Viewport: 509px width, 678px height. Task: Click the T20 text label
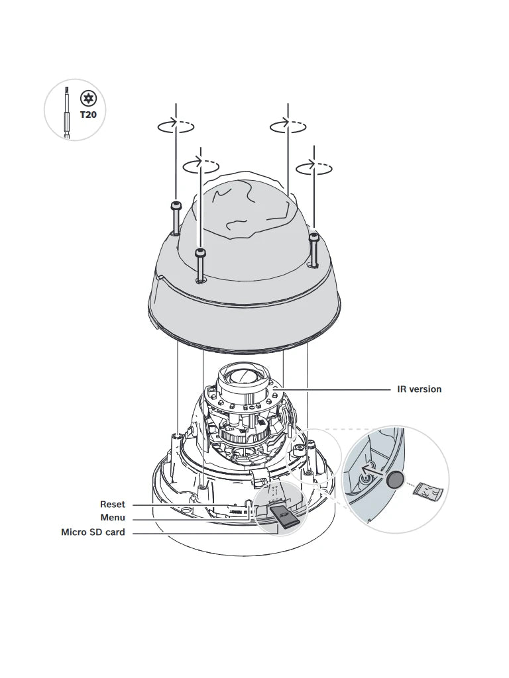[88, 115]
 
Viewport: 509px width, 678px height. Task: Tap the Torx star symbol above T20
[88, 99]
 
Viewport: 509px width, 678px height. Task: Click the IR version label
[419, 389]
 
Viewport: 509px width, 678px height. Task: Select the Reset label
[112, 505]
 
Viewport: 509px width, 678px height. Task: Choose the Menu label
[112, 518]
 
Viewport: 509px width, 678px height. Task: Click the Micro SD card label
[93, 532]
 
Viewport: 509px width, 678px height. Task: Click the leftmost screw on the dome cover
[175, 217]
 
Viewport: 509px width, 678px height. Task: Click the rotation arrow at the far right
[313, 168]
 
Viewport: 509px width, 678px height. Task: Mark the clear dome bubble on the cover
[248, 209]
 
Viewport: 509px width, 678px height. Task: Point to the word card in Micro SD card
[114, 532]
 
